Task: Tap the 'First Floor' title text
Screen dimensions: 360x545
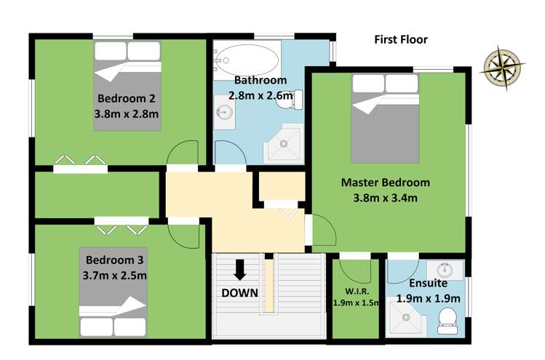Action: tap(401, 39)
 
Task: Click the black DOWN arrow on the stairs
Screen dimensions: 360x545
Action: tap(239, 270)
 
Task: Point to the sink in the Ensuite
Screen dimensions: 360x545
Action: tap(445, 270)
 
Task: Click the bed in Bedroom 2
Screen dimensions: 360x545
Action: tap(127, 86)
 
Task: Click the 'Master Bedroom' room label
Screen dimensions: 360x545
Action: tap(386, 183)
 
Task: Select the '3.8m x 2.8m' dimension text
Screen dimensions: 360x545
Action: tap(127, 113)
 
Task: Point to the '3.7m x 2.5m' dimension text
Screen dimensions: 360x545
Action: tap(116, 275)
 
